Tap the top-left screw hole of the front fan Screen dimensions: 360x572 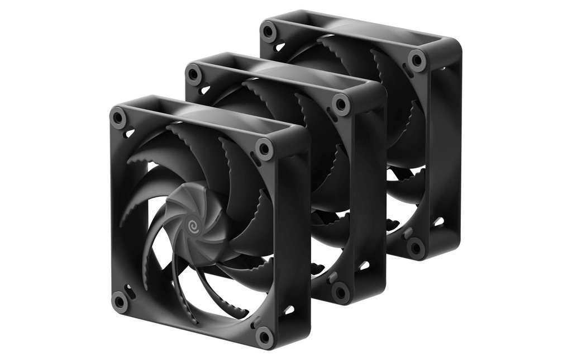click(118, 118)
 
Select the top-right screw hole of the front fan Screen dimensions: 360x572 click(265, 149)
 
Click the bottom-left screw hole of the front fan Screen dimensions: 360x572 click(119, 301)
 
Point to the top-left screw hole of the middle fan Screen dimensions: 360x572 click(194, 74)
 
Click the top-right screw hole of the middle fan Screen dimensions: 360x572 click(341, 105)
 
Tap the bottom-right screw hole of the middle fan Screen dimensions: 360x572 click(340, 292)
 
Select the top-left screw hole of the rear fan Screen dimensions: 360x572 click(269, 31)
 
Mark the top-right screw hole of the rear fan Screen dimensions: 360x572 click(416, 60)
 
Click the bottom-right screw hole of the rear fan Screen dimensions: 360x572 click(416, 247)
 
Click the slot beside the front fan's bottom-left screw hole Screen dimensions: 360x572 click(130, 291)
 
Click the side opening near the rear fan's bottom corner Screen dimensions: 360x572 click(439, 221)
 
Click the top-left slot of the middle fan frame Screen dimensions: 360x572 click(205, 89)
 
